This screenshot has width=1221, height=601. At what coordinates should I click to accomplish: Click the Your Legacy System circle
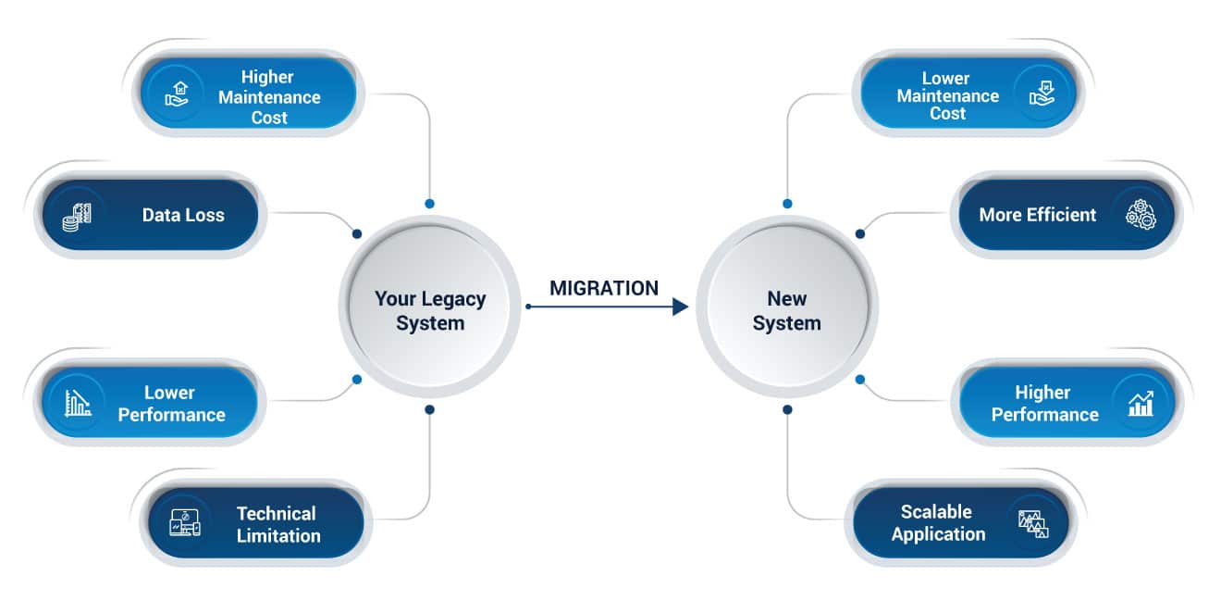(x=429, y=307)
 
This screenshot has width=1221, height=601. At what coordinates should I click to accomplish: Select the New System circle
(x=787, y=307)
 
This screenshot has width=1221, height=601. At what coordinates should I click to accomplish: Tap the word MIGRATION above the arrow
(x=604, y=288)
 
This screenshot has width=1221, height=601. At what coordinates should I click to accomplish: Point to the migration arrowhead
(x=680, y=307)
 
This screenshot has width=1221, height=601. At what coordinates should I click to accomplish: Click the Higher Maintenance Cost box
(x=249, y=94)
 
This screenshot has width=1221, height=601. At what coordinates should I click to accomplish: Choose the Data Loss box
(x=151, y=215)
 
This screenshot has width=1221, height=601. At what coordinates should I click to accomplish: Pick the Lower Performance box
(x=149, y=402)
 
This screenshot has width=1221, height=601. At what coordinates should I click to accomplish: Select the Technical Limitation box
(x=255, y=523)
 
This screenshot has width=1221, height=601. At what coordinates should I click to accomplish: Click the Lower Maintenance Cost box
(x=968, y=94)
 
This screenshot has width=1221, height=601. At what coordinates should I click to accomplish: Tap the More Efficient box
(x=1067, y=215)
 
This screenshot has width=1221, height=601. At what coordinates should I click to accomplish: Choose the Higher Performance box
(x=1067, y=402)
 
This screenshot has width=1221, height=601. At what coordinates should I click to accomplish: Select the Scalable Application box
(x=960, y=523)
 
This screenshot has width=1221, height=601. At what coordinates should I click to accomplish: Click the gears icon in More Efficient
(x=1141, y=215)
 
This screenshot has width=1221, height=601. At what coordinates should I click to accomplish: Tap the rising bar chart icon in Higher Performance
(x=1141, y=404)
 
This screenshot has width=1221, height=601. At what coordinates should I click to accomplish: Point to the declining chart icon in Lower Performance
(x=78, y=404)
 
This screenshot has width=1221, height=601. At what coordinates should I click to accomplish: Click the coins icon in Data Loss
(x=77, y=218)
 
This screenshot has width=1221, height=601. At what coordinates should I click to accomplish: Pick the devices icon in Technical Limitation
(x=185, y=523)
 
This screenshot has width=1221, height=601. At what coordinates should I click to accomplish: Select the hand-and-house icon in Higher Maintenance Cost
(x=177, y=94)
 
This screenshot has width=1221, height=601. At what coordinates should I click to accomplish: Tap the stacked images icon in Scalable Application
(x=1033, y=524)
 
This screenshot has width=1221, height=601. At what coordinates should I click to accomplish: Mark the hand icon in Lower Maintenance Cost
(x=1042, y=93)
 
